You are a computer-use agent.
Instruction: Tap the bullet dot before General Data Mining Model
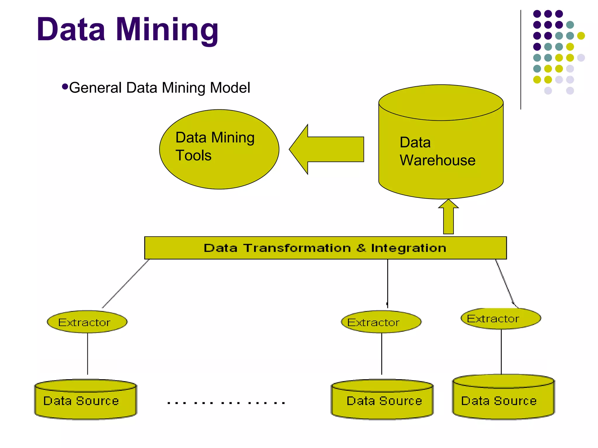tap(65, 87)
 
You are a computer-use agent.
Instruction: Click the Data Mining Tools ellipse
tap(219, 172)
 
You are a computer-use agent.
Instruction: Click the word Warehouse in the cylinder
tap(437, 160)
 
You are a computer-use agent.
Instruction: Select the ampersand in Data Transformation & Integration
tap(361, 248)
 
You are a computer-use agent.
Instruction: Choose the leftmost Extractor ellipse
tap(87, 322)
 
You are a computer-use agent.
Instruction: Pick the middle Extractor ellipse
tap(381, 322)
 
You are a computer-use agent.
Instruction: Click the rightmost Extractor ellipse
tap(501, 318)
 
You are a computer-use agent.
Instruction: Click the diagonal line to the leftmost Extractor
tap(126, 284)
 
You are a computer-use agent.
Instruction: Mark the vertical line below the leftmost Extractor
tap(88, 353)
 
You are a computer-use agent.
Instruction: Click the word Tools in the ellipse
tap(193, 155)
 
